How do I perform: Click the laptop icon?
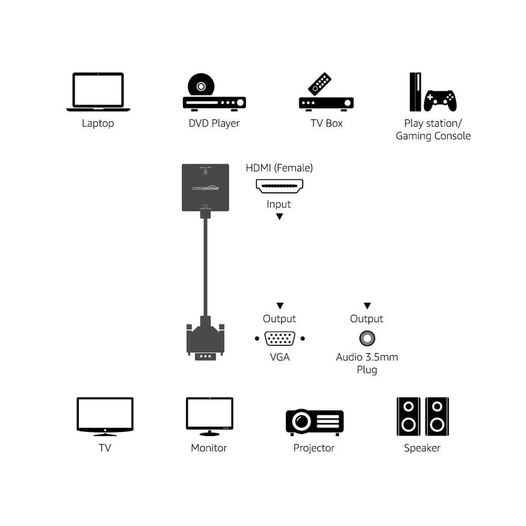tap(98, 92)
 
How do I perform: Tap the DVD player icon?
tap(214, 94)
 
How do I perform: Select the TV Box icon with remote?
tap(326, 94)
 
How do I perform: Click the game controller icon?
tap(440, 100)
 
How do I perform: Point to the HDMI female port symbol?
tap(279, 186)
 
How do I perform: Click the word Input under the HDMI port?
tap(279, 204)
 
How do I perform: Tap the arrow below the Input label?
tap(279, 216)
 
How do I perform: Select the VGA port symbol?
tap(279, 338)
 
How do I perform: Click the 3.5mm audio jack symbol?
tap(367, 338)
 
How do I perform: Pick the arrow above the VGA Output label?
tap(280, 306)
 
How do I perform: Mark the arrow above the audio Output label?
tap(367, 306)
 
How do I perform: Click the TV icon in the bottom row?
tap(105, 416)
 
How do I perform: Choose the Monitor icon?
tap(209, 416)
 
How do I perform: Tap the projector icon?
tap(314, 421)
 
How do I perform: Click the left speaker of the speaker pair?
tap(408, 416)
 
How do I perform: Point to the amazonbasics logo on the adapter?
tap(205, 189)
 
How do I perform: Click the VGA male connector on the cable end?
tap(205, 342)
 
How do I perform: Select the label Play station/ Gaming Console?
tap(433, 130)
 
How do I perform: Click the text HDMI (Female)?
tap(279, 168)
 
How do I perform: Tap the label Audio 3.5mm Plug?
tap(367, 363)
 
